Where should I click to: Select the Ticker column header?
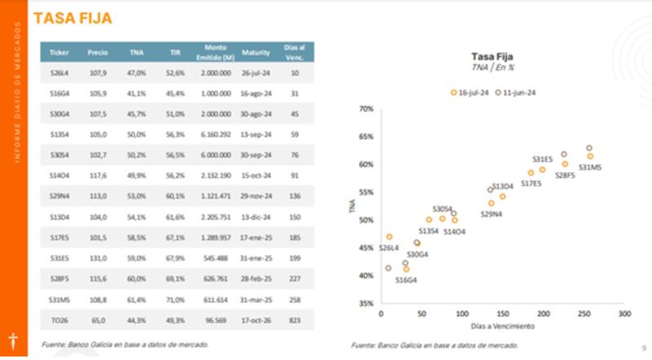[x=59, y=53]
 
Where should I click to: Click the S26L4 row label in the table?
[x=59, y=73]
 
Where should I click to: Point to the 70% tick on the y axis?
[x=366, y=108]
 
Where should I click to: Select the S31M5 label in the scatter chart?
[x=590, y=167]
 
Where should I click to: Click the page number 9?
[x=643, y=345]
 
